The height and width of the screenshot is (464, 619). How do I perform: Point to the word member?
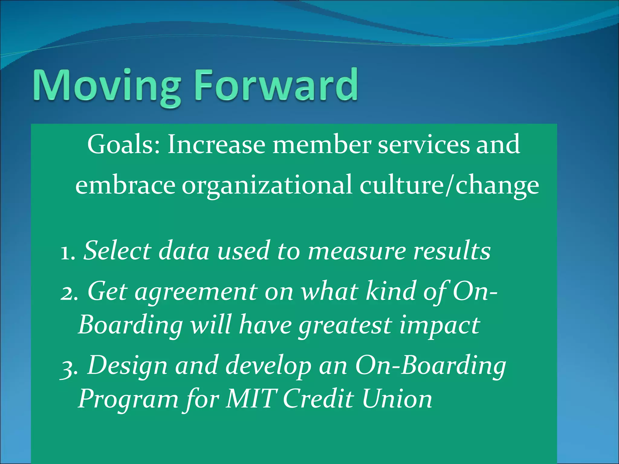[321, 144]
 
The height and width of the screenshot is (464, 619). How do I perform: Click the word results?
[452, 251]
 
